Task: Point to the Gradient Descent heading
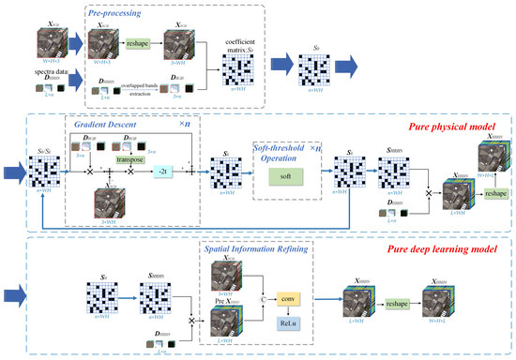[x=101, y=123]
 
